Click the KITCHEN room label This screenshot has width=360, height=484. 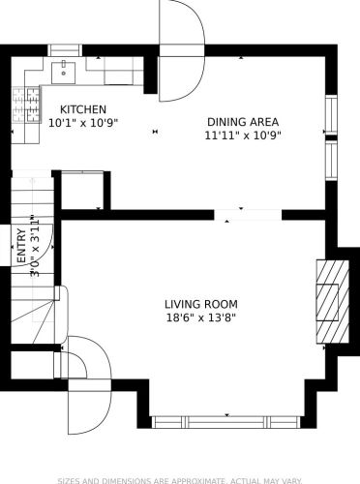[83, 109]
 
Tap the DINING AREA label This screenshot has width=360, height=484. [243, 122]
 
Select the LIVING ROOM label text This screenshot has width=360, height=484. [201, 304]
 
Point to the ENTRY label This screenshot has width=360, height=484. [21, 246]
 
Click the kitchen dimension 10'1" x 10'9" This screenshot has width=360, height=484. [83, 123]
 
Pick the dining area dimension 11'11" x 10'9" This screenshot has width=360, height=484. [243, 136]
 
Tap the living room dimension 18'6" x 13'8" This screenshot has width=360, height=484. [201, 318]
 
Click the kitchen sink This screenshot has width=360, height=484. [64, 73]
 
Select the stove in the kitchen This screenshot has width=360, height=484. [26, 106]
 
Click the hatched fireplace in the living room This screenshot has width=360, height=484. [333, 301]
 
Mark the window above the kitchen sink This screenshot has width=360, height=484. [65, 50]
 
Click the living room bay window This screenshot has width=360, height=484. [226, 422]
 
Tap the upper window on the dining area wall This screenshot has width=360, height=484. [331, 114]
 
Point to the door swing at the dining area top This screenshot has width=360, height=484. [182, 50]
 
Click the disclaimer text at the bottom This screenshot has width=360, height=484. [180, 481]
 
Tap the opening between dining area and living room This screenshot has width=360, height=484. [248, 215]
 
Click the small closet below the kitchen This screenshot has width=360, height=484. [82, 191]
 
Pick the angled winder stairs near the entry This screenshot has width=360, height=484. [33, 322]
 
